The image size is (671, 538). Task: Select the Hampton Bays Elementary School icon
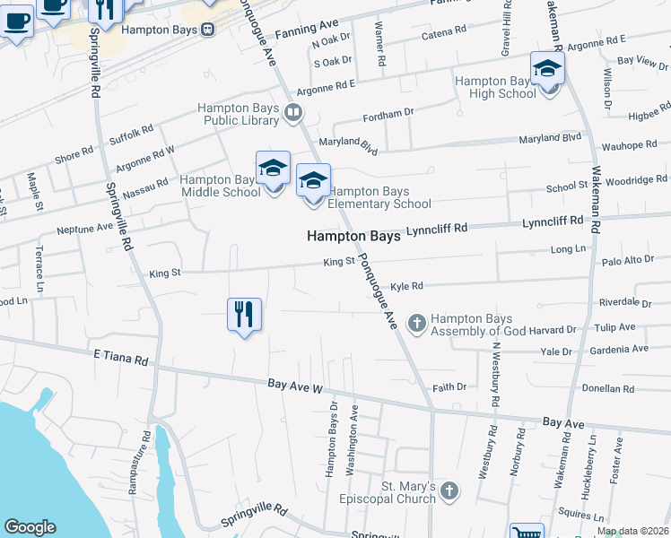(x=313, y=182)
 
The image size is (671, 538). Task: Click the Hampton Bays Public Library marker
(x=292, y=113)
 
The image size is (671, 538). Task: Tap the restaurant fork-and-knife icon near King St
(x=244, y=316)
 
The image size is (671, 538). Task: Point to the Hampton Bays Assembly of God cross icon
(x=416, y=322)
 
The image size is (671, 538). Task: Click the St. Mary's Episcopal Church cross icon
(x=449, y=491)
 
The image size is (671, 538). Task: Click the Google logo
(x=30, y=527)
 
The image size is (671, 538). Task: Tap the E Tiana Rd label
(x=120, y=359)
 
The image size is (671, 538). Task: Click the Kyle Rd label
(x=405, y=286)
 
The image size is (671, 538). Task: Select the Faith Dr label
(x=449, y=387)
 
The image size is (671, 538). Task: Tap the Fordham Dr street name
(x=388, y=116)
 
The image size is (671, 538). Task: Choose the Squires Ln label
(x=575, y=515)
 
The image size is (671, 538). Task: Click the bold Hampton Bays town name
(x=353, y=237)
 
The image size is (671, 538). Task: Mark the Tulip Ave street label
(x=614, y=327)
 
